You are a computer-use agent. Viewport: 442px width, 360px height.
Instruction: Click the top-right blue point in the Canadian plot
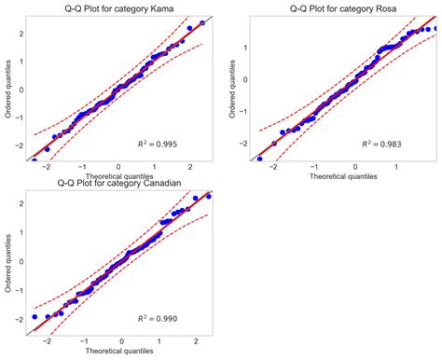point(208,196)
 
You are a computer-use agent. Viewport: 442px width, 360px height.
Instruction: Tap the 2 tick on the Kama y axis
point(19,34)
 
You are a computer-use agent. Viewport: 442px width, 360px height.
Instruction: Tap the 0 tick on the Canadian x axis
point(121,342)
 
